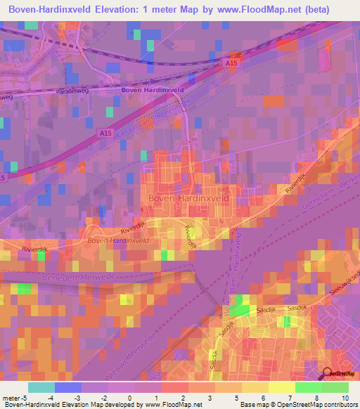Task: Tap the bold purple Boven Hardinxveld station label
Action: (152, 91)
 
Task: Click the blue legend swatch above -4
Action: (68, 387)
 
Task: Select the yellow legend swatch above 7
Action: (282, 387)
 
